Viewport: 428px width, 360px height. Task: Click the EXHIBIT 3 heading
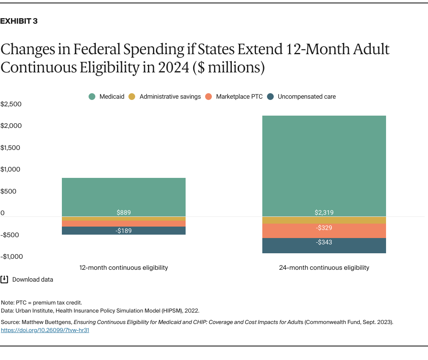(19, 21)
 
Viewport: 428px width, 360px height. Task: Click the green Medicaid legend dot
(92, 97)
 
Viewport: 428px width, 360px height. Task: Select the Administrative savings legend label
(170, 97)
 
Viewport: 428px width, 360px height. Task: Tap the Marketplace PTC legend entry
(239, 97)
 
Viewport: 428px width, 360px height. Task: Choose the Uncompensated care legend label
(306, 97)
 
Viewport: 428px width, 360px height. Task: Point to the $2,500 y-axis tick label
(11, 104)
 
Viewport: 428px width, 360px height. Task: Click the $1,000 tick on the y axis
(11, 169)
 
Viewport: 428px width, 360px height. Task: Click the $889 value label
(124, 213)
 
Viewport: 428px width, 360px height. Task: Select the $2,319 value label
(324, 213)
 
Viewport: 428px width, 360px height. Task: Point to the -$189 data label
(124, 231)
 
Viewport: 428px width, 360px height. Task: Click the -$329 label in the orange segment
(324, 228)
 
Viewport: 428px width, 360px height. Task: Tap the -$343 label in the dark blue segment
(324, 243)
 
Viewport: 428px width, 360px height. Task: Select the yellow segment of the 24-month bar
(324, 220)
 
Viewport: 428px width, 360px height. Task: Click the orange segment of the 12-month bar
(124, 224)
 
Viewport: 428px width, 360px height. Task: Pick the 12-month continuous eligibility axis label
(124, 268)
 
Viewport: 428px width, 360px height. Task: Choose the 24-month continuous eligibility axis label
(324, 268)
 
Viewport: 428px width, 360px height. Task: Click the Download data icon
(4, 280)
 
